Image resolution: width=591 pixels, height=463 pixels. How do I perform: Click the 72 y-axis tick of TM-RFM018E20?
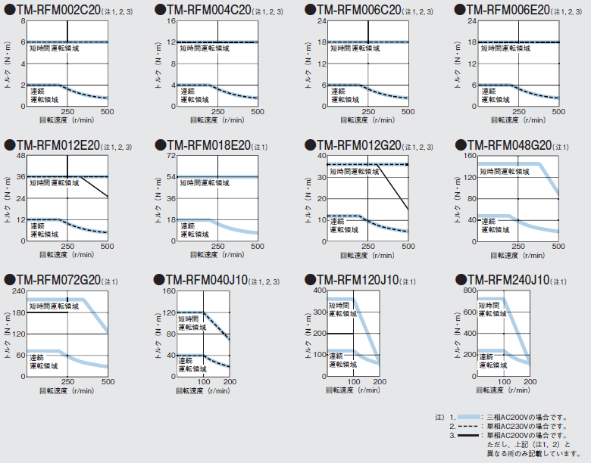[171, 156]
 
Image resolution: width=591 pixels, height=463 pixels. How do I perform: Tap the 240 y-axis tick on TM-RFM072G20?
[20, 291]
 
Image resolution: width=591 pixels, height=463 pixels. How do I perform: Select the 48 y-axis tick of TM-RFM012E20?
[21, 156]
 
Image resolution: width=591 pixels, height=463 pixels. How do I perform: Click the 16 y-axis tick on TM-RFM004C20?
[171, 21]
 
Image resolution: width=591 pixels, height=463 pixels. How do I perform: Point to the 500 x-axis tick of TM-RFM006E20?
[558, 111]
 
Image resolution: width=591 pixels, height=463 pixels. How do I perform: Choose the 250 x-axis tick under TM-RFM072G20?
[67, 382]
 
